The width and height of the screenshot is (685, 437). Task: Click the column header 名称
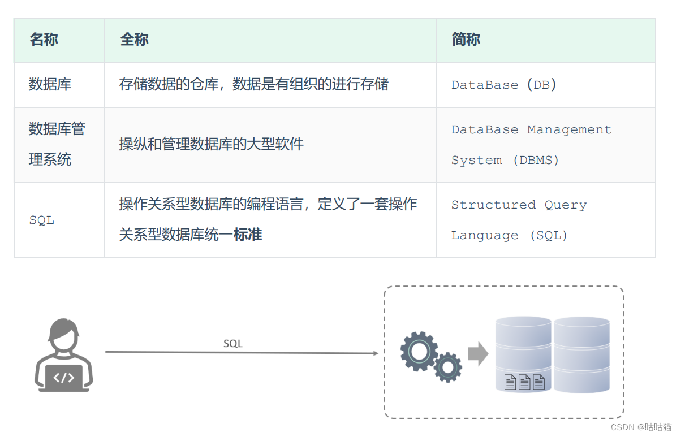click(x=44, y=40)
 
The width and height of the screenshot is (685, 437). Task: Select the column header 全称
click(x=134, y=40)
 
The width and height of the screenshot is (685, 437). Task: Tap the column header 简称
click(x=466, y=40)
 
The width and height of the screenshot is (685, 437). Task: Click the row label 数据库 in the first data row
click(x=50, y=85)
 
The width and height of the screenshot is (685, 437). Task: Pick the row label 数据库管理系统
click(x=57, y=144)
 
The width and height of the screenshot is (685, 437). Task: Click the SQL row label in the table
click(x=42, y=220)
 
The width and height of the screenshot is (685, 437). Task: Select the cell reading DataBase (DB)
click(x=504, y=85)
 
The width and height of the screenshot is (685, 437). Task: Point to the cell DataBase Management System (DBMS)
click(x=531, y=145)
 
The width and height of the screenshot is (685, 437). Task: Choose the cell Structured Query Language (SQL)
click(x=519, y=220)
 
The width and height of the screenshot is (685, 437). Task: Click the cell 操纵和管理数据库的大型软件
click(x=212, y=144)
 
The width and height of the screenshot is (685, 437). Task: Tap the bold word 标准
click(x=248, y=235)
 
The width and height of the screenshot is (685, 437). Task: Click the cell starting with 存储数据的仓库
click(x=253, y=85)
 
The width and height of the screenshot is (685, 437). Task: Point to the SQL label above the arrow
click(x=232, y=344)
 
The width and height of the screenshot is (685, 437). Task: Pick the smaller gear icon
click(x=448, y=367)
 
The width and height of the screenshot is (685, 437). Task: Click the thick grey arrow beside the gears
click(x=478, y=354)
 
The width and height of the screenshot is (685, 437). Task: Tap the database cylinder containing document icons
click(x=523, y=354)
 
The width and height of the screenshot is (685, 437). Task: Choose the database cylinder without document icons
click(x=581, y=354)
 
